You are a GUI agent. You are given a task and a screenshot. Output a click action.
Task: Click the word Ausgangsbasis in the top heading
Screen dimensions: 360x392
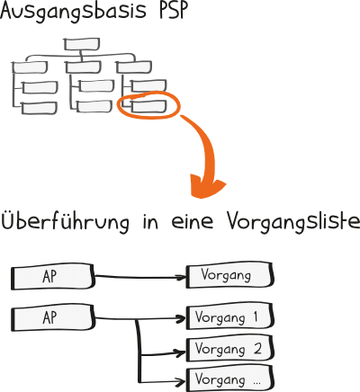pos(74,12)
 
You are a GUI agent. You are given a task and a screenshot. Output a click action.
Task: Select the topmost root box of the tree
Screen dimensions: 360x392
pos(82,44)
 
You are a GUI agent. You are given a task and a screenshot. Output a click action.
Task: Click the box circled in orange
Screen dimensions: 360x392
pos(148,106)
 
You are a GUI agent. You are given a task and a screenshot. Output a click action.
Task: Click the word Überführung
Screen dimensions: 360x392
pos(66,221)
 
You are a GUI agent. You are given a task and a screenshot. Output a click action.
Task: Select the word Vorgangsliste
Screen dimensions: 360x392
pos(293,223)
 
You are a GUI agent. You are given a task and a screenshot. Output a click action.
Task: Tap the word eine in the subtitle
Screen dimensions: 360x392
pos(193,222)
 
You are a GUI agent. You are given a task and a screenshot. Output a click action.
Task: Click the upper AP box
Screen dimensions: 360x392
pos(52,277)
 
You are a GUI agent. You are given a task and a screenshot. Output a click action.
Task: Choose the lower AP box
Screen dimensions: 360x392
pos(52,317)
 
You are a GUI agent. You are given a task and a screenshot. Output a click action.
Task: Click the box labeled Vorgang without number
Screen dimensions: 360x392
pos(229,275)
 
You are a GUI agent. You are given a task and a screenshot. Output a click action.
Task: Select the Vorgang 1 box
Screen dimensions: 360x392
pos(229,316)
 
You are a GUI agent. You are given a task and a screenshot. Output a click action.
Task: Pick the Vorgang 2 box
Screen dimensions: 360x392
pos(229,349)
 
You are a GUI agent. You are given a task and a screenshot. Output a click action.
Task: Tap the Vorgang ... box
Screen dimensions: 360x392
pos(229,379)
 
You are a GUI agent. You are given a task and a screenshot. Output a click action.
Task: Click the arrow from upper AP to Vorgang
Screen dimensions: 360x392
pos(140,277)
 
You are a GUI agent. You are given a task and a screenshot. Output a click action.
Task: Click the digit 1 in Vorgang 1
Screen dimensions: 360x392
pos(255,316)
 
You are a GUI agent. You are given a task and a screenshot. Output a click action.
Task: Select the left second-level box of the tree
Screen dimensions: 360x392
pos(30,67)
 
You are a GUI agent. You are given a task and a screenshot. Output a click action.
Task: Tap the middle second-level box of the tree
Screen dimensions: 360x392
pos(84,67)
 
